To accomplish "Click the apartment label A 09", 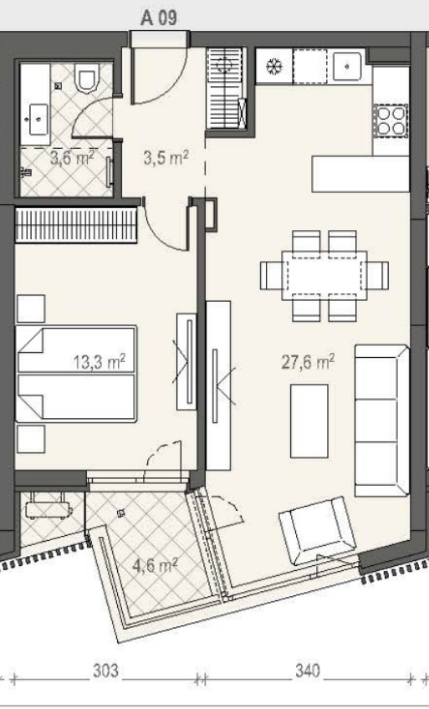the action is coord(159,18).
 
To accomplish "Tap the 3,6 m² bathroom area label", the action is coord(72,158).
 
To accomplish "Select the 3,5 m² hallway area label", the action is coord(166,158).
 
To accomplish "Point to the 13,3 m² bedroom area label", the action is coord(99,362).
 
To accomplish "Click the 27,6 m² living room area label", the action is coord(308,362).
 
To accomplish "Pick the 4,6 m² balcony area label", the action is coord(155,565).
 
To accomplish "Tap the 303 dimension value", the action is coord(105,671).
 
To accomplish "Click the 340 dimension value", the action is coord(308,671).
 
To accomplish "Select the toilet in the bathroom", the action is coord(88,77).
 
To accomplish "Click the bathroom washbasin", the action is coord(38,120).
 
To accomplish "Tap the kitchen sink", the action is coord(347,66).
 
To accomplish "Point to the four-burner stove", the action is coord(391,121).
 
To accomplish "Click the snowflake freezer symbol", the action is coord(273,67).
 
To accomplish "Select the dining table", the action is coord(324,276).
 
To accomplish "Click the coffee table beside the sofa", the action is coord(309,421).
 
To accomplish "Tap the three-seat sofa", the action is coord(382,421).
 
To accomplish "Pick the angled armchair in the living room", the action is coord(317,530).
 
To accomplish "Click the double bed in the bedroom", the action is coord(76,374).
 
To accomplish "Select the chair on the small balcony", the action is coord(48,505).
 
